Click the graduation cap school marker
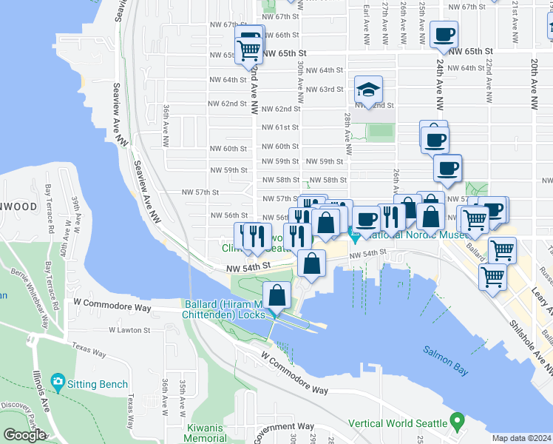[368, 90]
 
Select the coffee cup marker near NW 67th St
[444, 34]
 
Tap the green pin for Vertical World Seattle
[457, 423]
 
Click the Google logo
[24, 435]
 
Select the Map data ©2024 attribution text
[521, 438]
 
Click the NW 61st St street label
[280, 127]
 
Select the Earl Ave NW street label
[365, 21]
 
